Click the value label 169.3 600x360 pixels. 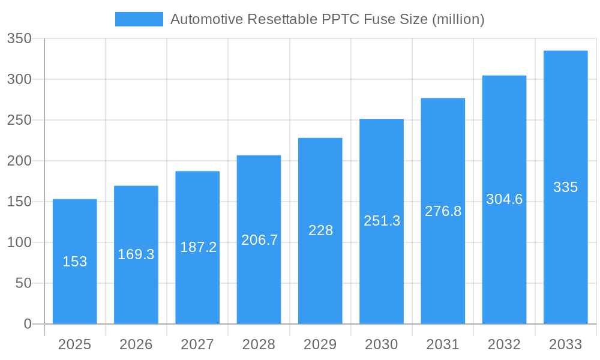tap(136, 254)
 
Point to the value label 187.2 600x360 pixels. tap(197, 247)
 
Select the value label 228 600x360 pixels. tap(320, 230)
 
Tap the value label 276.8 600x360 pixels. tap(443, 211)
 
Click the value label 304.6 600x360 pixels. tap(504, 199)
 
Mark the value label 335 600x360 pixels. tap(565, 187)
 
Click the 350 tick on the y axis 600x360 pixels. tap(19, 39)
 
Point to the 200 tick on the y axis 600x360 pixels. tap(19, 161)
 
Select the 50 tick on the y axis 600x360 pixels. tap(23, 283)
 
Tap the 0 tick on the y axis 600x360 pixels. tap(27, 324)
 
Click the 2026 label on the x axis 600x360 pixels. tap(136, 344)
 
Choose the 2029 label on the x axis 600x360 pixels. tap(320, 344)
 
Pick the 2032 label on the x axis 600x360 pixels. tap(504, 344)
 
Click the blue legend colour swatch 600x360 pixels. tap(139, 19)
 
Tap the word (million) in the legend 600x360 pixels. tap(458, 19)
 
